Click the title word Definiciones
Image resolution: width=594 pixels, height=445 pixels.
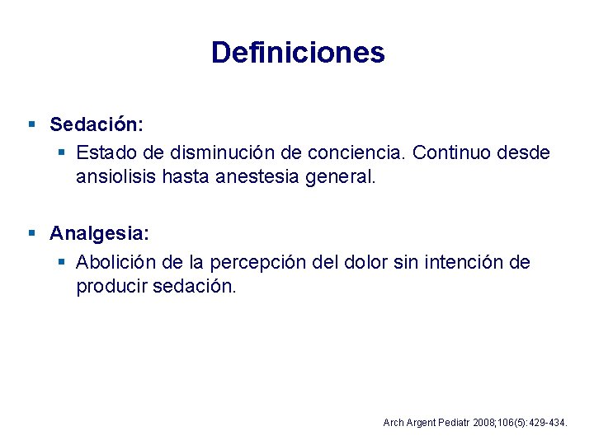pyautogui.click(x=298, y=53)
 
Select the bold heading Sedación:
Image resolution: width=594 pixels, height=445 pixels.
pyautogui.click(x=97, y=124)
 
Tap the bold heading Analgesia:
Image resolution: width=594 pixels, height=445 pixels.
pyautogui.click(x=99, y=233)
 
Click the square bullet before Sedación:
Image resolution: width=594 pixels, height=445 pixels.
pyautogui.click(x=31, y=124)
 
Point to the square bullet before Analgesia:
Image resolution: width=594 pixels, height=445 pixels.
pyautogui.click(x=31, y=233)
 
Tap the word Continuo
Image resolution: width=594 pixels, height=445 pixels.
pyautogui.click(x=448, y=152)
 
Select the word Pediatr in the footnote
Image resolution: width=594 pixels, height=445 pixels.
pyautogui.click(x=450, y=423)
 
